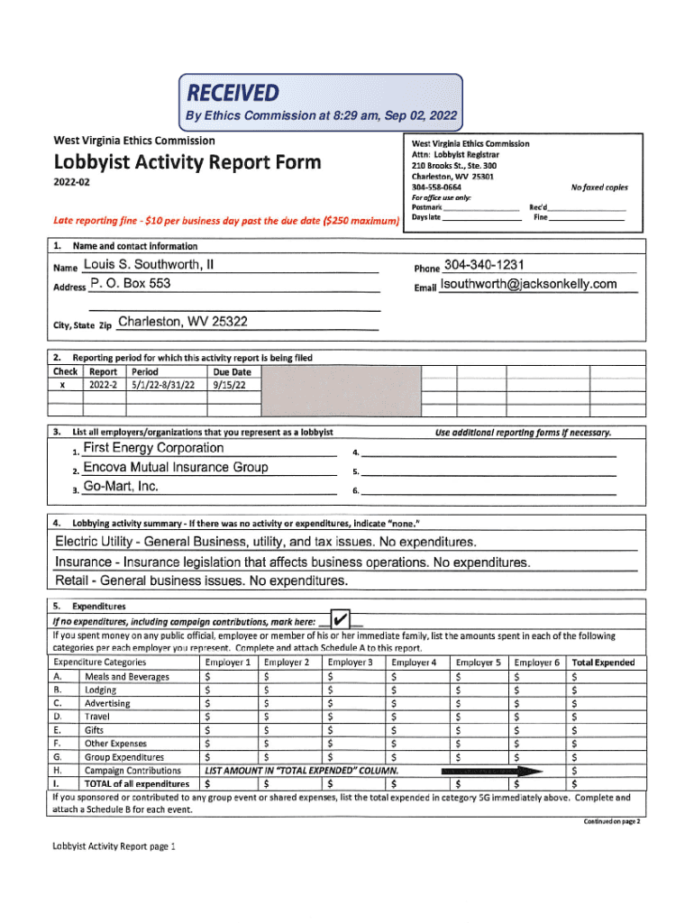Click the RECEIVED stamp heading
pyautogui.click(x=233, y=93)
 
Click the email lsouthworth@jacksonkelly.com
pyautogui.click(x=528, y=285)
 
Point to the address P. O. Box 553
pyautogui.click(x=131, y=285)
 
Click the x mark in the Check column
pyautogui.click(x=62, y=384)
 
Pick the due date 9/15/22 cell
pyautogui.click(x=227, y=384)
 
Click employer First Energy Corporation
pyautogui.click(x=153, y=448)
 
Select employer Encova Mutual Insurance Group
pyautogui.click(x=175, y=467)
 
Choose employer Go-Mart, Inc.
pyautogui.click(x=121, y=487)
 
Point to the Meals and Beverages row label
pyautogui.click(x=126, y=676)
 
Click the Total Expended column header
pyautogui.click(x=603, y=663)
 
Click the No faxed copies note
pyautogui.click(x=599, y=187)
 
